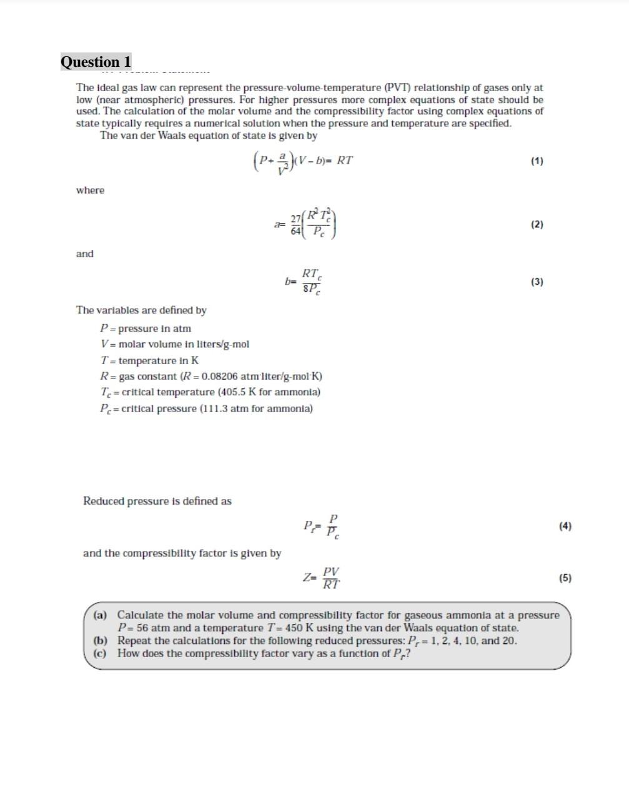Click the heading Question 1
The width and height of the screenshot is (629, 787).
96,62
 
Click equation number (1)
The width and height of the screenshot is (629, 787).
537,161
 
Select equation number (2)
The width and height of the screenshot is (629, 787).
537,224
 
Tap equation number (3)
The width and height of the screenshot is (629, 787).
537,282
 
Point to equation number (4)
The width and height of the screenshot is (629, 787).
565,526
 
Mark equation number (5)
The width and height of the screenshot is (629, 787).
565,578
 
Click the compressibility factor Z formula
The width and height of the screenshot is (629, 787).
322,578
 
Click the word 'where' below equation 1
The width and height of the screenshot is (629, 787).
90,191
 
